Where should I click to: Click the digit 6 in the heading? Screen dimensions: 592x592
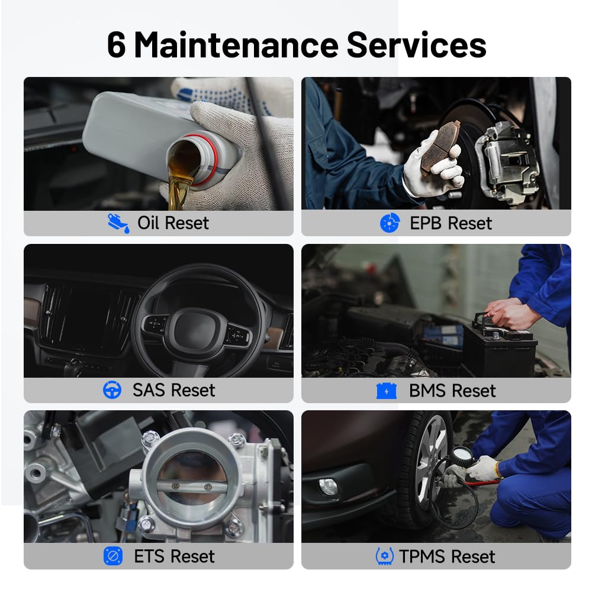point(117,45)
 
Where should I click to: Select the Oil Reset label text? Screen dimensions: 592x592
point(173,223)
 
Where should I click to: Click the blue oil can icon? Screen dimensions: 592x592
point(118,223)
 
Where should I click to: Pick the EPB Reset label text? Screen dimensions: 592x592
point(451,223)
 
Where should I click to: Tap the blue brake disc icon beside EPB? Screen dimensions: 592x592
point(390,223)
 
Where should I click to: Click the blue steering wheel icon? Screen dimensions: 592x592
point(112,390)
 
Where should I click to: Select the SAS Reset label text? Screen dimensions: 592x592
point(173,390)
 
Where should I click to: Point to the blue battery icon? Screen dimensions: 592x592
point(387,391)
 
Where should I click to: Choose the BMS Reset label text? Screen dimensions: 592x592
point(452,391)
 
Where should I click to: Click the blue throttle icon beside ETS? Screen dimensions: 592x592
point(113,556)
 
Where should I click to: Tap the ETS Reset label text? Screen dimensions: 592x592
point(174,556)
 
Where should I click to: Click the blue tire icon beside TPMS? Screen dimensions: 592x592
point(384,556)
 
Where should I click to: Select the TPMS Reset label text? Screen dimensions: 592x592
point(447,556)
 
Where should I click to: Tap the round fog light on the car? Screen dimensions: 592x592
point(328,486)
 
